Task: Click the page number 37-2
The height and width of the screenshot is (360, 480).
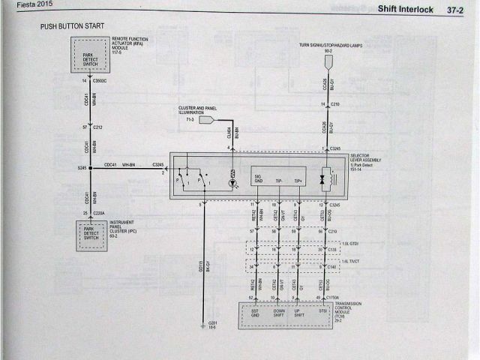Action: coord(457,10)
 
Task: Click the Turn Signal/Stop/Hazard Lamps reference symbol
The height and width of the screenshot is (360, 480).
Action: coord(328,60)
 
